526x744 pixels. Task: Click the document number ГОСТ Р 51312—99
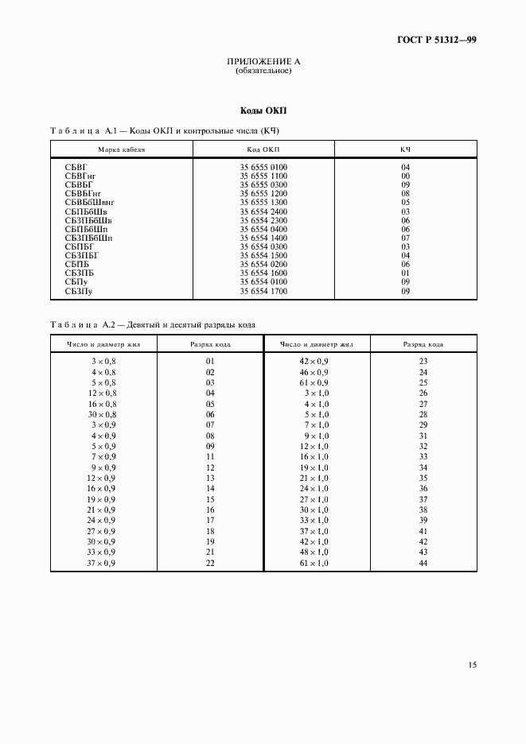436,40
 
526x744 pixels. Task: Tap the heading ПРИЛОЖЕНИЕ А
263,61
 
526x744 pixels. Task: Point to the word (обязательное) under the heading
263,71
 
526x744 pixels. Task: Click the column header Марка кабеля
122,149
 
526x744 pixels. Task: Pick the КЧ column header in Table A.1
405,149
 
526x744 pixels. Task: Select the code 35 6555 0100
263,167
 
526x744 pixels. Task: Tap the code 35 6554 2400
263,211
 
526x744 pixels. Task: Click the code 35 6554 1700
263,292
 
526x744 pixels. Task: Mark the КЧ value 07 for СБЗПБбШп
405,238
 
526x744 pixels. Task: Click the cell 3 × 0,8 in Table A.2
103,361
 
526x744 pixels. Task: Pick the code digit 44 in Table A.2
423,563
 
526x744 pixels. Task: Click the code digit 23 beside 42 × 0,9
423,361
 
